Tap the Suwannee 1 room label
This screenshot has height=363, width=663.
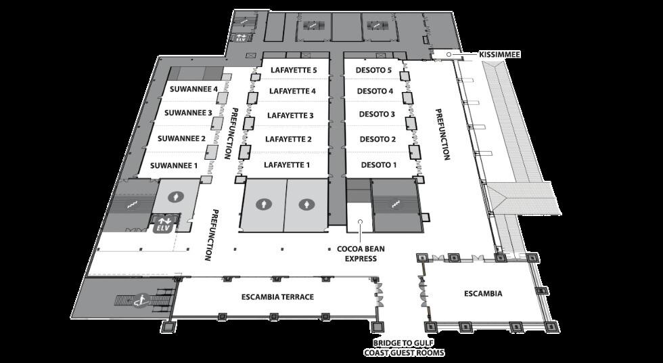(x=174, y=165)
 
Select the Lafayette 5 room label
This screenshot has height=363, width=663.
(x=293, y=70)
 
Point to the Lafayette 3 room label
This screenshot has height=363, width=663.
(x=290, y=115)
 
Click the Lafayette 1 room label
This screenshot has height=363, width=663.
(x=287, y=165)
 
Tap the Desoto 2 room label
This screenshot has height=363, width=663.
(x=378, y=140)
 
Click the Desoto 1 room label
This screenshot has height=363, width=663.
(x=379, y=165)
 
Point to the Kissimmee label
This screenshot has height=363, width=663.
(x=499, y=54)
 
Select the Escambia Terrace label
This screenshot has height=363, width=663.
(x=277, y=297)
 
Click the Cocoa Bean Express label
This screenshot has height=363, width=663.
(x=361, y=253)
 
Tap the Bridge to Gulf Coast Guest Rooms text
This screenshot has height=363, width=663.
(x=404, y=348)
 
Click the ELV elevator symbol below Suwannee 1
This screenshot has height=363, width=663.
(x=162, y=224)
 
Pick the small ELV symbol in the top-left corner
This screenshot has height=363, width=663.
(x=240, y=38)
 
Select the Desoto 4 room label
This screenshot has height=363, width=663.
(x=375, y=91)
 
